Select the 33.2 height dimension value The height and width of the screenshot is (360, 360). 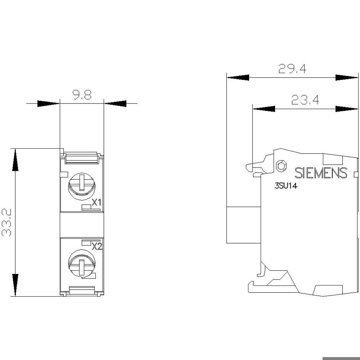coord(7,223)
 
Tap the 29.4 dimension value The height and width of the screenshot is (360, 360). coord(292,69)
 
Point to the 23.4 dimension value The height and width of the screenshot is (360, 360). coord(305,100)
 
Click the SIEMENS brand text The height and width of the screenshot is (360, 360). coord(321,173)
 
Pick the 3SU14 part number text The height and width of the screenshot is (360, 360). coord(286,186)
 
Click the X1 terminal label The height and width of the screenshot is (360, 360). coord(97,202)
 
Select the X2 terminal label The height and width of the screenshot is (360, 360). coord(97,246)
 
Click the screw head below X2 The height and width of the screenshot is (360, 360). coord(82,264)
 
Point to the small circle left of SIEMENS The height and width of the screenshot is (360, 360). coord(281,166)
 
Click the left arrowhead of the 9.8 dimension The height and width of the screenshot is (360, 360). coord(48,104)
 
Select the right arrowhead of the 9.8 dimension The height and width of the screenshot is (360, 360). coord(115,104)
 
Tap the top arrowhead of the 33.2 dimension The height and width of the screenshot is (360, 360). coord(15,160)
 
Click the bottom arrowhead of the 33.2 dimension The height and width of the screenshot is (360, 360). coord(15,285)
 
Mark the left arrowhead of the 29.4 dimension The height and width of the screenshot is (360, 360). coord(238,78)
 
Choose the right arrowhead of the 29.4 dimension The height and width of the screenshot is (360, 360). coord(347,78)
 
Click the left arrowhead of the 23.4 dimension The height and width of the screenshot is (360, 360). coord(264,109)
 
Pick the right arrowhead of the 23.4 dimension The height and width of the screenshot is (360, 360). coord(347,109)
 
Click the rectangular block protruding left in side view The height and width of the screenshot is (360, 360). coord(244,225)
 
